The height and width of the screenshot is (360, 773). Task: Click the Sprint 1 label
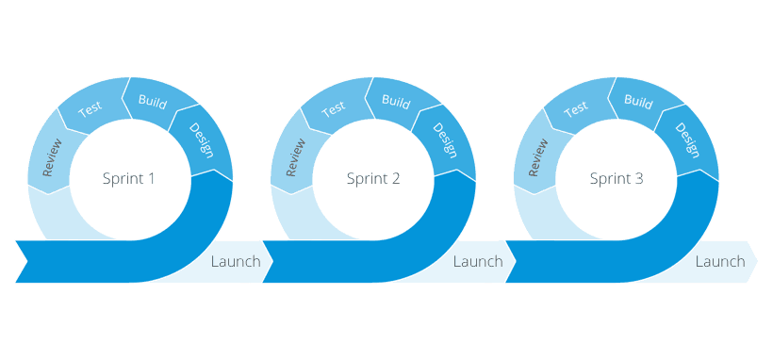click(128, 178)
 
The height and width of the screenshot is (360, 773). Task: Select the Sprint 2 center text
click(373, 178)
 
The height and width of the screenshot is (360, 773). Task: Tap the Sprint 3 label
click(617, 178)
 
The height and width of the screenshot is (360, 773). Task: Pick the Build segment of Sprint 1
click(153, 100)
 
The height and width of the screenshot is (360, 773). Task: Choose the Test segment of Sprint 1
click(90, 108)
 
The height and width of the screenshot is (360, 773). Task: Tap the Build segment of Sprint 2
click(396, 100)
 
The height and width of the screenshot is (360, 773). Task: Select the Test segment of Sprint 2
click(334, 108)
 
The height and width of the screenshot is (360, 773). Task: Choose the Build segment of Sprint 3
click(639, 100)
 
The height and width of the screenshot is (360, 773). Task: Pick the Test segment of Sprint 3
click(577, 108)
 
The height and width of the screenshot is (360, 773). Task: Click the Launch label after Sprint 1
click(236, 262)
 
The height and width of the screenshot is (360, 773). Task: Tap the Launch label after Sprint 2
click(478, 262)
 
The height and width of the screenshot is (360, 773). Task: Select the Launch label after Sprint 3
click(720, 262)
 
